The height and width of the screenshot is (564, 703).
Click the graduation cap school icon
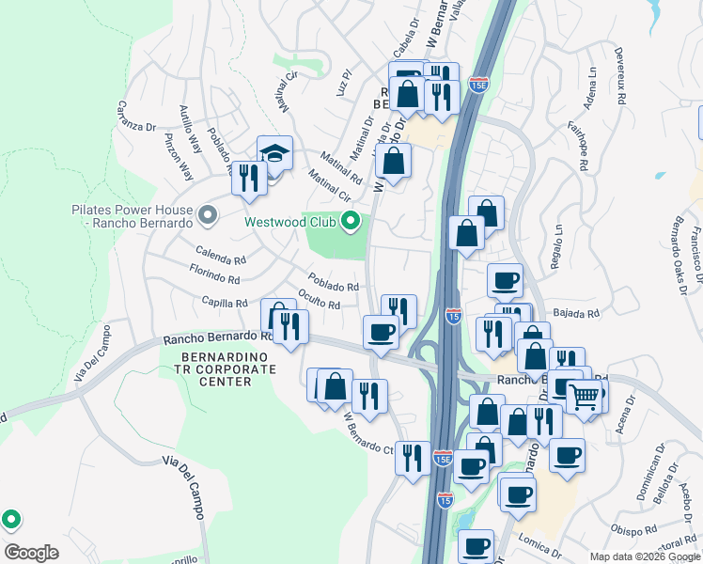[x=274, y=153]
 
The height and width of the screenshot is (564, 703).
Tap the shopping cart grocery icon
[x=583, y=398]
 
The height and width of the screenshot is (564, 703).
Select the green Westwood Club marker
[x=351, y=223]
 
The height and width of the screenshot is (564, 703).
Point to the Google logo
[x=31, y=553]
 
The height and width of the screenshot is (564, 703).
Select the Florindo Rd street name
[x=214, y=277]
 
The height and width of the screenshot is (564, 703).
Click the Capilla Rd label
[x=224, y=303]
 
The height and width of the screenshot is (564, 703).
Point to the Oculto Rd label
[x=319, y=299]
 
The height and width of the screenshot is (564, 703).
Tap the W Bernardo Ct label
[x=368, y=432]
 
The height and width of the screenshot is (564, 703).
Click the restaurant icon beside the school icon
[x=249, y=178]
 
